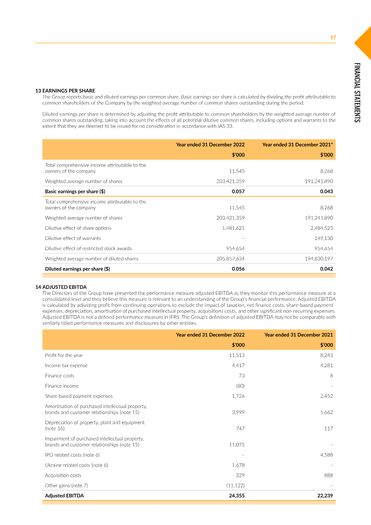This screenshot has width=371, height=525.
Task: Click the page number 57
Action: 333,38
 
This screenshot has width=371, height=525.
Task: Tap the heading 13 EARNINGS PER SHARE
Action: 65,91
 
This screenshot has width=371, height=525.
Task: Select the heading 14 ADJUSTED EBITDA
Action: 61,287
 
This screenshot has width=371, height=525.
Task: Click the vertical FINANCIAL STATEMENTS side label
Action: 357,92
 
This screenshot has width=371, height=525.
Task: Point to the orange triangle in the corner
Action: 365,42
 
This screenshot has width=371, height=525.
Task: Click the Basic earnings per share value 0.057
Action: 238,191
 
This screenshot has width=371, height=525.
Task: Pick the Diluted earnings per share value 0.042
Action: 326,269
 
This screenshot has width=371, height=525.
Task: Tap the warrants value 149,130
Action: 324,238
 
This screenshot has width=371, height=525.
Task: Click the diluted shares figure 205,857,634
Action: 230,259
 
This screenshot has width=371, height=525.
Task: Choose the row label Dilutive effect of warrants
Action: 73,238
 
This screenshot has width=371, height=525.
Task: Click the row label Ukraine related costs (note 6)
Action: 77,465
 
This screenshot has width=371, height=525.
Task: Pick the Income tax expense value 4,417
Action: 238,365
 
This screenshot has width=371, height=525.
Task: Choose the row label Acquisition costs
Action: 63,475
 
